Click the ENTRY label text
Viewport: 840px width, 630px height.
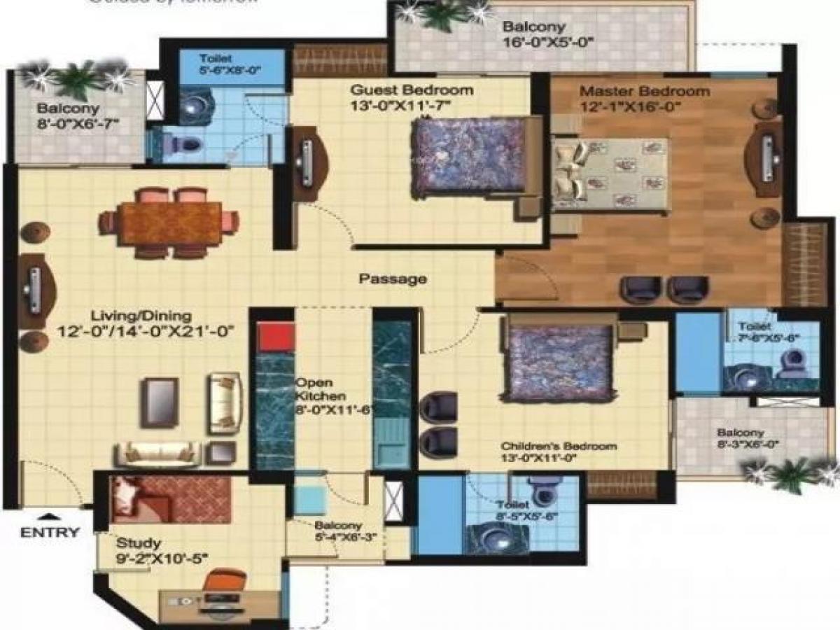pyautogui.click(x=50, y=532)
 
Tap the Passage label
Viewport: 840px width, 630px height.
pyautogui.click(x=393, y=279)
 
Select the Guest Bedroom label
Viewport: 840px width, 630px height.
pyautogui.click(x=412, y=90)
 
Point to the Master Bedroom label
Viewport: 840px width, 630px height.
pyautogui.click(x=645, y=92)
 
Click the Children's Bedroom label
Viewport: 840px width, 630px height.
pyautogui.click(x=559, y=447)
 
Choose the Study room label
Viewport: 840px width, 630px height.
pyautogui.click(x=138, y=543)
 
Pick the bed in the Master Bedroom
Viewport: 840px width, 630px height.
pyautogui.click(x=609, y=174)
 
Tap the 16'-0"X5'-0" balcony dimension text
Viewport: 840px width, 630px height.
pyautogui.click(x=549, y=42)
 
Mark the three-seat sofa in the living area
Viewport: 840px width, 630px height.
pyautogui.click(x=158, y=453)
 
